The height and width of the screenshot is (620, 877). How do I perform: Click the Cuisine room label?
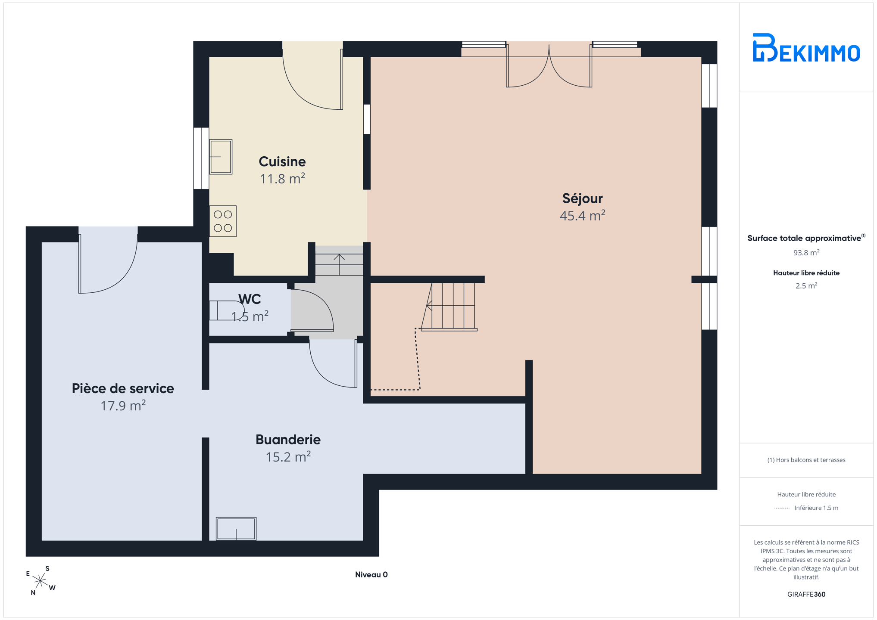point(282,161)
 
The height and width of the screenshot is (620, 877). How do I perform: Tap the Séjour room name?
point(582,198)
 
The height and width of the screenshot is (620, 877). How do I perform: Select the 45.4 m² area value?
point(582,215)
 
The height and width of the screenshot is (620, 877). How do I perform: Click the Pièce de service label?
point(123,388)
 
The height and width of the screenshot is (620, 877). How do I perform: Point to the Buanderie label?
point(288,440)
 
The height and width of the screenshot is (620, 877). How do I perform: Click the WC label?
point(250,299)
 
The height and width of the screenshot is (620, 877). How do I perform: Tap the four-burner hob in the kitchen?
point(223,221)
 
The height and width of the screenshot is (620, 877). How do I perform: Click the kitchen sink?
point(221,157)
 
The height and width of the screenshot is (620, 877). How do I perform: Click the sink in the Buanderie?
point(236,529)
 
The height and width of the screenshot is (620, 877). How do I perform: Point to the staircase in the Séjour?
point(449,307)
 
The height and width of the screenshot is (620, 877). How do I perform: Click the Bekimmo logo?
point(806,47)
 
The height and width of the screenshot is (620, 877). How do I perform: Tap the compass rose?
point(41,581)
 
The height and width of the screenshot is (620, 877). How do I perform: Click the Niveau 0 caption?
point(371,574)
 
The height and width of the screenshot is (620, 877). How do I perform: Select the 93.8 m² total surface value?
point(806,253)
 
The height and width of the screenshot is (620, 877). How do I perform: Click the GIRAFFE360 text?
point(806,594)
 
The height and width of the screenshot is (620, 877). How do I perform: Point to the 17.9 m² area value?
point(123,406)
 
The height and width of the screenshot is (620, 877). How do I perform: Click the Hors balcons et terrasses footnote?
point(806,460)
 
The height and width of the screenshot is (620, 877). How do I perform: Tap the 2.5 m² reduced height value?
point(806,285)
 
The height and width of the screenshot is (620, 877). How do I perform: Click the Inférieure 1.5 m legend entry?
point(816,508)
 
